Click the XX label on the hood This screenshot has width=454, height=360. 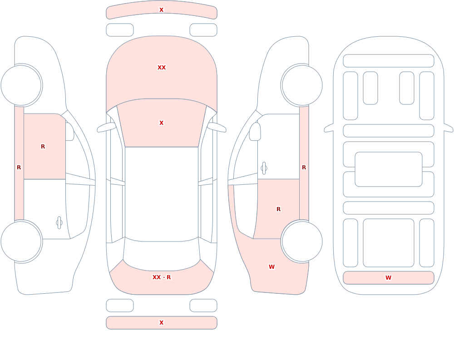pos(162,68)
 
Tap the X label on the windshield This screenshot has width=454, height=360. pos(162,123)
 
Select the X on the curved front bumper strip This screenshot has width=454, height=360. pos(162,10)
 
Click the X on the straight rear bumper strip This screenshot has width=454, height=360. pos(162,323)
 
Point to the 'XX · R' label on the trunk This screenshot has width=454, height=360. pos(162,277)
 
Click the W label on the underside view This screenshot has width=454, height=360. pos(388,278)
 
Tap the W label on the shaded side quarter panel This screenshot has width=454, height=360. pos(271,267)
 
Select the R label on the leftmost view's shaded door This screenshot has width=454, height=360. pos(43,147)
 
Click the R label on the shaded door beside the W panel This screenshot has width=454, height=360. pos(279,209)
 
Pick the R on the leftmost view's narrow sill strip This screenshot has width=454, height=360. pos(19,168)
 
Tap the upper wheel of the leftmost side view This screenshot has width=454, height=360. pos(21,85)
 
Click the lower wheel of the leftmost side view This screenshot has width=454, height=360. pos(21,241)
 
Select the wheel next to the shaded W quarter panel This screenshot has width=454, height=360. pos(302,241)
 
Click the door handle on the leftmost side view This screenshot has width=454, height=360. pos(59,223)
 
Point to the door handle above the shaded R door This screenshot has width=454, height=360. pos(264,168)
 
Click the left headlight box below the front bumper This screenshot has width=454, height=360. pos(120,30)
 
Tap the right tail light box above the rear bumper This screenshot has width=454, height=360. pos(203,306)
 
